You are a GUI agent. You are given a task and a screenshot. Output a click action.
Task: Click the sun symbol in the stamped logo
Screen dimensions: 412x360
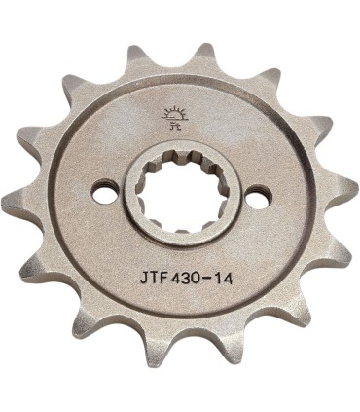coord(177,112)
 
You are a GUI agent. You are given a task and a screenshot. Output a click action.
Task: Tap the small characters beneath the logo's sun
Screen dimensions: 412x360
coord(177,125)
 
